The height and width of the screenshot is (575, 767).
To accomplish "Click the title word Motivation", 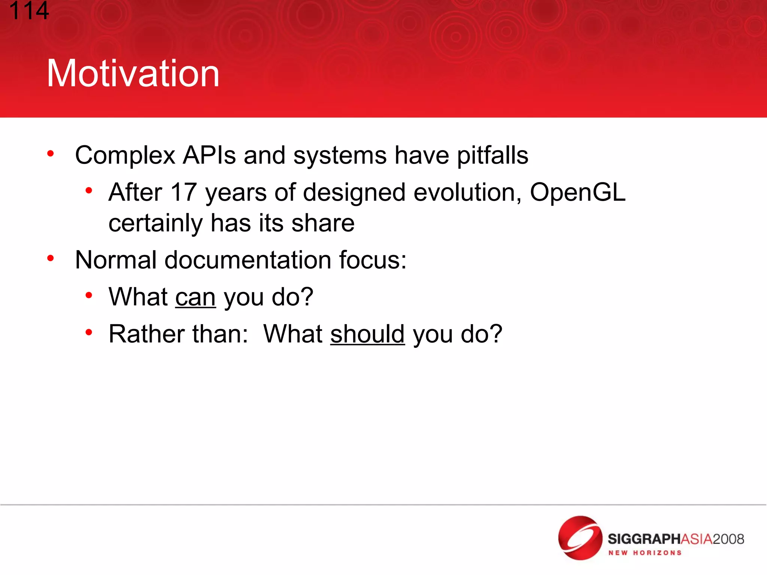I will (x=133, y=74).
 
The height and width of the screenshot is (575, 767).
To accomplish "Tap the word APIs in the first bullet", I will (x=209, y=155).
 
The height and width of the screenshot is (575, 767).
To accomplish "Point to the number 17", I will (x=184, y=192).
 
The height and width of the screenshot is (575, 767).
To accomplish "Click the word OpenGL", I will (x=577, y=192).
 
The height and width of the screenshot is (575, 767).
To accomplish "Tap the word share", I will (x=323, y=223).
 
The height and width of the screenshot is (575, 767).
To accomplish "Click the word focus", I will (x=372, y=260).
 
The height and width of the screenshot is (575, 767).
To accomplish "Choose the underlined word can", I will (x=195, y=297).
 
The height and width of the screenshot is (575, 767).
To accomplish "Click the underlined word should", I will (x=367, y=334).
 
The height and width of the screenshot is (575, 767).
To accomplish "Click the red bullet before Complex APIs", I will (x=51, y=153).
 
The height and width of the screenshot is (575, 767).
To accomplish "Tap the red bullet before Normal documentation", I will (x=51, y=258).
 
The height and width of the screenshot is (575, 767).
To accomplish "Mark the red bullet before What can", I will (x=89, y=295).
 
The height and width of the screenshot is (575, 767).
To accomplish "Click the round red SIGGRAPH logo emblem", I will (x=580, y=538).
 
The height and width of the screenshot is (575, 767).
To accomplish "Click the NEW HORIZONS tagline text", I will (x=645, y=553).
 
